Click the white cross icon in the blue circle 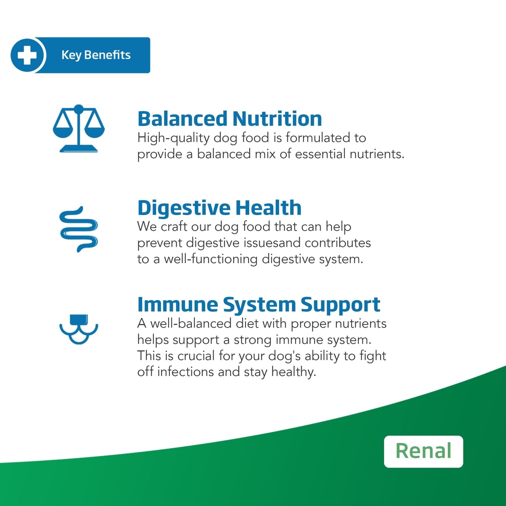tap(27, 55)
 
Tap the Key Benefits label tap(96, 55)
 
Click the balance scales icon tap(79, 129)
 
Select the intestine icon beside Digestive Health tap(79, 229)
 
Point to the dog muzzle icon tap(79, 329)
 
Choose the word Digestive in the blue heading tap(184, 208)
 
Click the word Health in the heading tap(268, 208)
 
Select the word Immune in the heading tap(178, 304)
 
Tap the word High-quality tap(173, 138)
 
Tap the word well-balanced tap(191, 323)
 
